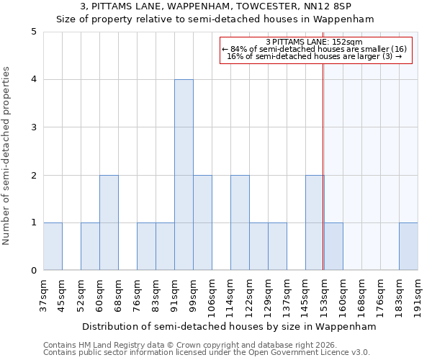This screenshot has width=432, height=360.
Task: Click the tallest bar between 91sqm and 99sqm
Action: (x=184, y=175)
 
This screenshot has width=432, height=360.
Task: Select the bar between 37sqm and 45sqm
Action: (x=53, y=246)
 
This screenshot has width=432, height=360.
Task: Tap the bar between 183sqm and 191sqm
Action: (x=408, y=246)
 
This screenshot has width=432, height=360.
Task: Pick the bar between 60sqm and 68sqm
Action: (x=109, y=222)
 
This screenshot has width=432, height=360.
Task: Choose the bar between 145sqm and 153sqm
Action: (x=315, y=222)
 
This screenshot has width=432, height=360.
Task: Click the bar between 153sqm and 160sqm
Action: (x=333, y=246)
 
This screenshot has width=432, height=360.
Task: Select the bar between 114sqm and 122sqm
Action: (x=240, y=222)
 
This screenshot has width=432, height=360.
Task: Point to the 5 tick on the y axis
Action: (x=34, y=32)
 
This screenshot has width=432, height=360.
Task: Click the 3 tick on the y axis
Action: (x=34, y=127)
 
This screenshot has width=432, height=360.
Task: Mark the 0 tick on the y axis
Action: (x=34, y=271)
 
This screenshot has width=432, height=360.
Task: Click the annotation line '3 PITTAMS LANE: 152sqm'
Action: (x=314, y=42)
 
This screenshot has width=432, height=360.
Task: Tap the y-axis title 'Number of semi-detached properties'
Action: (x=7, y=156)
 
